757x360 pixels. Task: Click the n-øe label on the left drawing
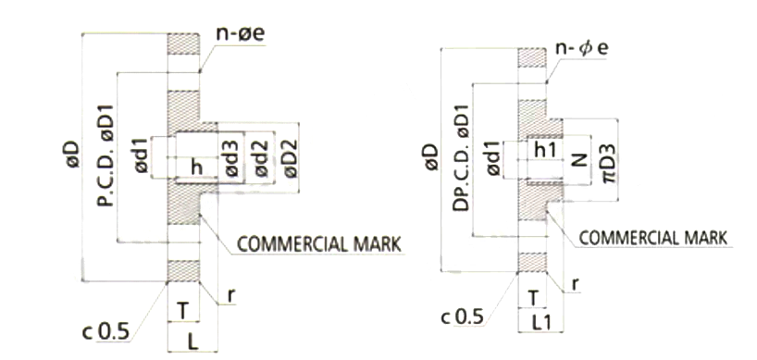pos(241,34)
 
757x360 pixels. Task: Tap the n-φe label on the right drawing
pos(582,49)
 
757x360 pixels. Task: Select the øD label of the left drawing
pos(72,155)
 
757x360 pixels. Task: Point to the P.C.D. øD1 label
pos(105,155)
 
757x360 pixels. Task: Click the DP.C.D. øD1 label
pos(461,156)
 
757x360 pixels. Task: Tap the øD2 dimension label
pos(292,158)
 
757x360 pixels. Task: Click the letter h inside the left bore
pos(196,168)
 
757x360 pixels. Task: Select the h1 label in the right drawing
pos(546,150)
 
